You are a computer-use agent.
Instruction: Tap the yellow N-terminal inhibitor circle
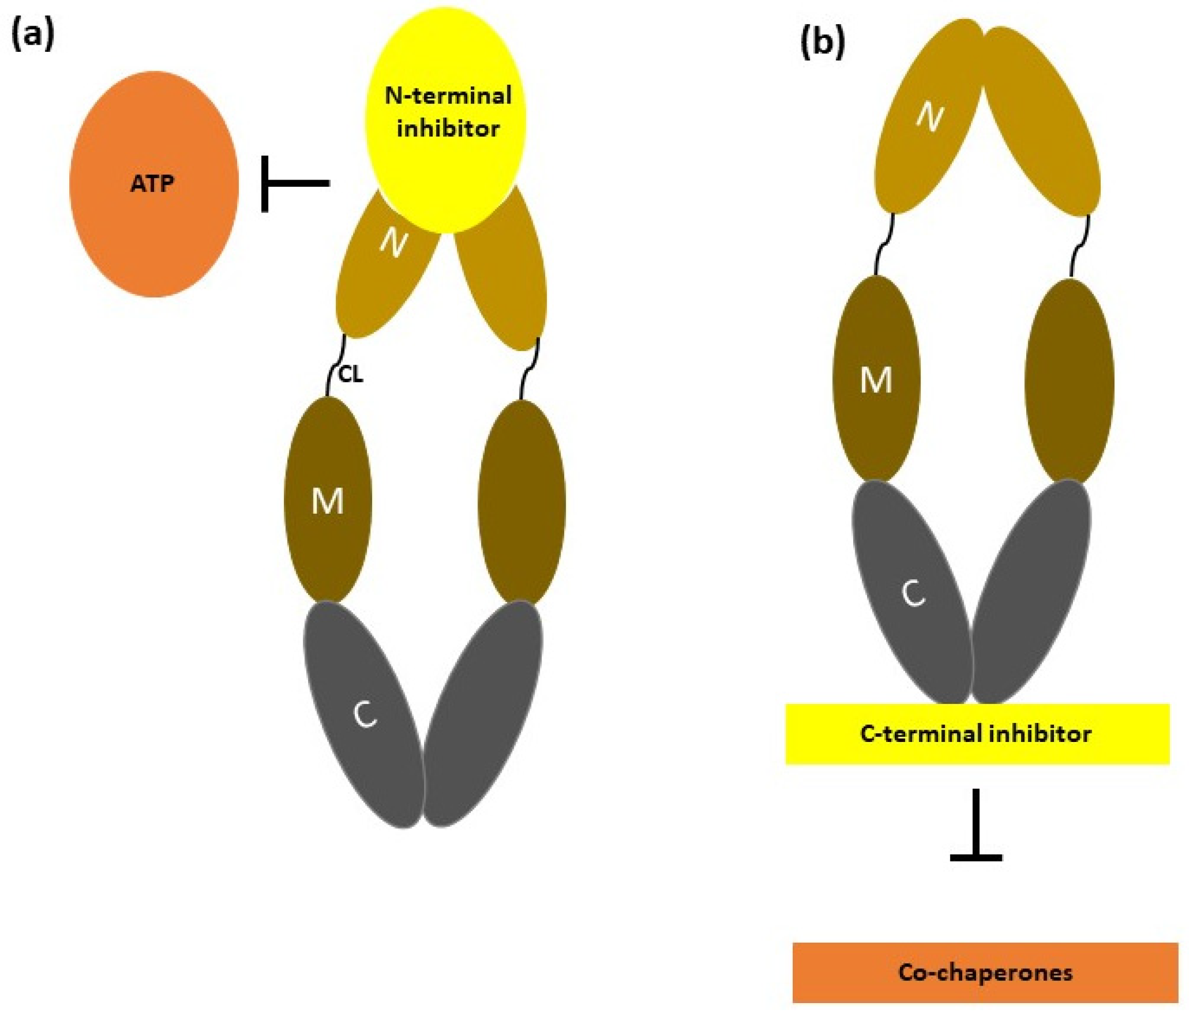447,115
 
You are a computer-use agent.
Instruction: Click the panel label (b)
822,43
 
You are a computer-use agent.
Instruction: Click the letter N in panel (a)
394,244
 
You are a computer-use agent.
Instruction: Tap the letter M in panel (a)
328,502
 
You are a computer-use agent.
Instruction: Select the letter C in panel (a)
365,715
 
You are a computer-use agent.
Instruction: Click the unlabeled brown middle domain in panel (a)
521,502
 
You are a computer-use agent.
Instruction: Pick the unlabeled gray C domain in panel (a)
482,717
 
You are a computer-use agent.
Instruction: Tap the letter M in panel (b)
876,380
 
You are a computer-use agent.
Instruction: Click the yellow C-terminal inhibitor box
976,734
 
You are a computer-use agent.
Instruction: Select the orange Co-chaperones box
985,972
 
